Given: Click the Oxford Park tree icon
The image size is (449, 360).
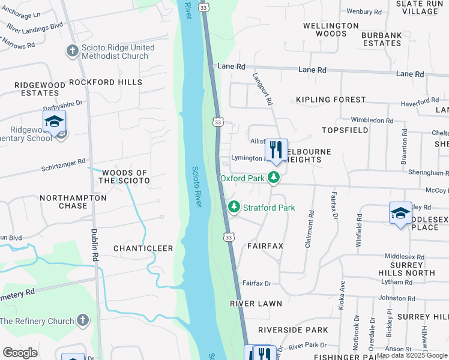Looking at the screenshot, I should [274, 178].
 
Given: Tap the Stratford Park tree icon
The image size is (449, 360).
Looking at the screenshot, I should [234, 208].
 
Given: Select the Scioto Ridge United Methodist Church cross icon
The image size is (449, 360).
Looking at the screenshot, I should [72, 50].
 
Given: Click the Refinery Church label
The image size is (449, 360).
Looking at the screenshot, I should [37, 321].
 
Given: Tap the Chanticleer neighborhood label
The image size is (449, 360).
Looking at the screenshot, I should [143, 248].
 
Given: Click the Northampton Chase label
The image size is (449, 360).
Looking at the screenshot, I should [73, 202].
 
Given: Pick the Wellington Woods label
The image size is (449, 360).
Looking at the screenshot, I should [331, 29].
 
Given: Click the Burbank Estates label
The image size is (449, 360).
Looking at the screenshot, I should [381, 39].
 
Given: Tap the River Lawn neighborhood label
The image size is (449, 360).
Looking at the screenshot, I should [256, 304].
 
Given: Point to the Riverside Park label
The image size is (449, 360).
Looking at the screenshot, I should [293, 330].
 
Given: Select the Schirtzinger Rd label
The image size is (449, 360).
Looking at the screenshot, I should [64, 162].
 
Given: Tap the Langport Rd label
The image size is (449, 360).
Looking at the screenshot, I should [264, 88].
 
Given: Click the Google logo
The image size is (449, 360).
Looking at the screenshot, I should [20, 353].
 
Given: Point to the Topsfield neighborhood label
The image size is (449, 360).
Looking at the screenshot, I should [344, 130].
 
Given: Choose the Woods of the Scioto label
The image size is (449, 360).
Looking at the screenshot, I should [124, 176].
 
